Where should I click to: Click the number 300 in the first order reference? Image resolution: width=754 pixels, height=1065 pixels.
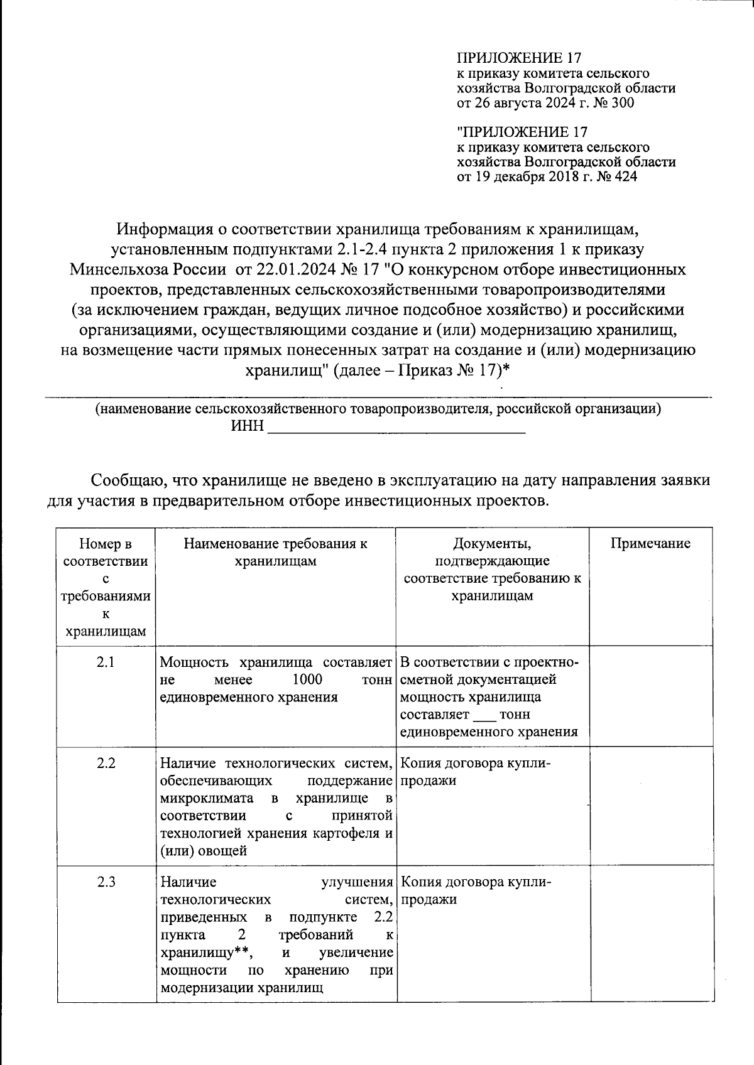coord(622,103)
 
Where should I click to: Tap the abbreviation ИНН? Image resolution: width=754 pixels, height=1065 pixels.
coord(247,428)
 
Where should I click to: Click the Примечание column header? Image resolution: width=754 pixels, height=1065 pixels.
coord(650,544)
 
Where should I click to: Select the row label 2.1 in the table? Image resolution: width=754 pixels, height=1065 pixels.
coord(106,662)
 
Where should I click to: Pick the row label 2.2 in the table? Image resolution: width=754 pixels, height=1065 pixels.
coord(106,764)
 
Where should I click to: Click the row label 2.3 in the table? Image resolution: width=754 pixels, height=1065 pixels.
coord(106,882)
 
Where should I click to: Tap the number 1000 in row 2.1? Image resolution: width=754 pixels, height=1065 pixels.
coord(307,679)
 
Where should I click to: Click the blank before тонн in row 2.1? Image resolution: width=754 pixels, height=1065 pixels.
coord(484,715)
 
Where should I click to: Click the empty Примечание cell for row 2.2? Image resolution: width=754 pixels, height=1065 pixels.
coord(650,805)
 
